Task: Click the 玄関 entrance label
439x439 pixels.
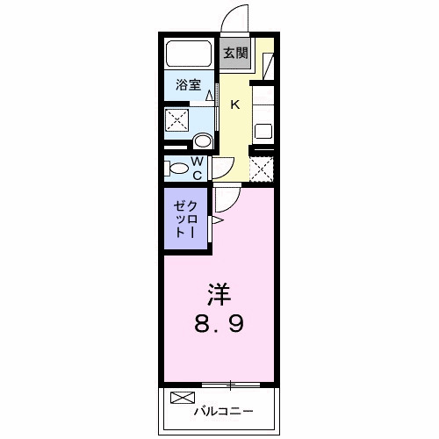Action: click(234, 53)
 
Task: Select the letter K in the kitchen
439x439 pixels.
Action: click(234, 105)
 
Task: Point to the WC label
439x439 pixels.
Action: click(198, 169)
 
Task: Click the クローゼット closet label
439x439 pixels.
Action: click(185, 219)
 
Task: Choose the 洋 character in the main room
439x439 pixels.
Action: click(219, 291)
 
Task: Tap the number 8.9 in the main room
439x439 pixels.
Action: click(219, 323)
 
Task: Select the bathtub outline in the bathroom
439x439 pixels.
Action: click(189, 54)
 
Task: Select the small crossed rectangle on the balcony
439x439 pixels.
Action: click(181, 398)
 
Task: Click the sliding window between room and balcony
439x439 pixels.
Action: click(230, 384)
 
